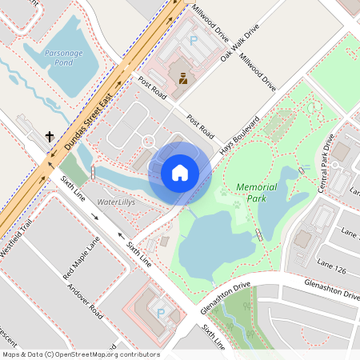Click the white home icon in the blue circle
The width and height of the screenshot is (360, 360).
(x=180, y=172)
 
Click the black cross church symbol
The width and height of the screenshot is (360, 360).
(x=50, y=137)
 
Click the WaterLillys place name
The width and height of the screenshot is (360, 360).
(x=116, y=203)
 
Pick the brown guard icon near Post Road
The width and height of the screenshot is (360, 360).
(x=183, y=78)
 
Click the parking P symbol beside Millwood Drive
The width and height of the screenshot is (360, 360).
(x=193, y=39)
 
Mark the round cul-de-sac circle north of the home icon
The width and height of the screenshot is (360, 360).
(x=147, y=141)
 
